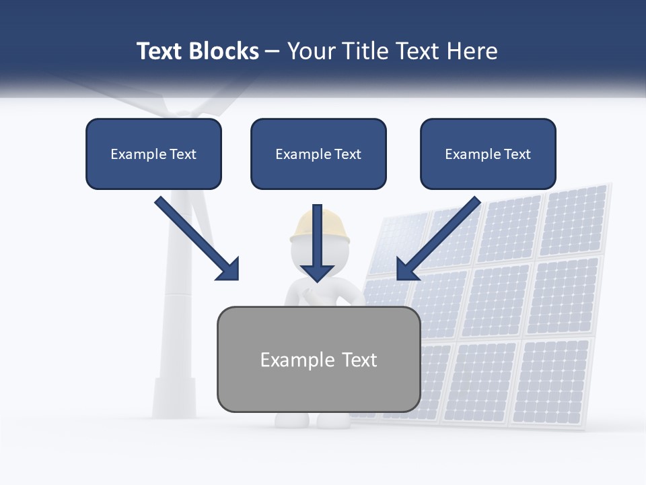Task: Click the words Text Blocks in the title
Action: [197, 51]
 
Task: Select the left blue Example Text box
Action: [153, 154]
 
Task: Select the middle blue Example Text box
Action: [318, 154]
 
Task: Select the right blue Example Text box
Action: [488, 154]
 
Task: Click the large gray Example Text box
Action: [318, 360]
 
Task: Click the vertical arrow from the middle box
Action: [317, 243]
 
